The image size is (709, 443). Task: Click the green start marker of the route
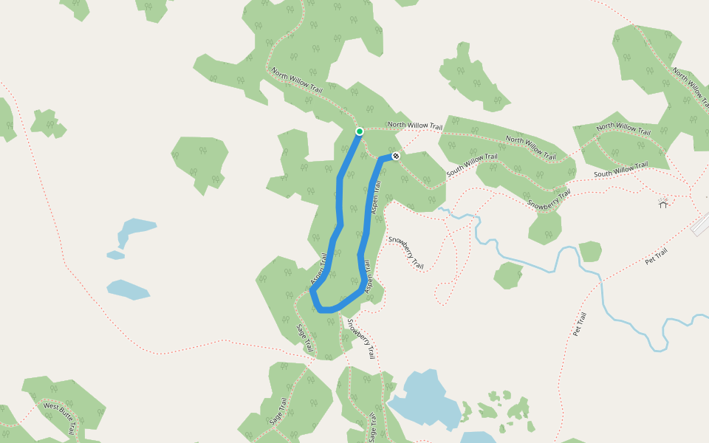tap(360, 131)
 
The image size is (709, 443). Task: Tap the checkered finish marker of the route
tap(396, 156)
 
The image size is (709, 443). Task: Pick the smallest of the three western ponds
tap(115, 255)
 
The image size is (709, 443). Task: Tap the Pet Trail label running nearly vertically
tap(579, 324)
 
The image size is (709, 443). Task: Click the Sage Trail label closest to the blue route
tap(305, 337)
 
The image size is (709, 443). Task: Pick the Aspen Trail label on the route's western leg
tap(319, 269)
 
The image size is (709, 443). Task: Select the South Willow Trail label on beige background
tap(620, 170)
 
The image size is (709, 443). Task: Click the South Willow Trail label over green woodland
tap(473, 164)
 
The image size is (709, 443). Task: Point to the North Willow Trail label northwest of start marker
tap(297, 80)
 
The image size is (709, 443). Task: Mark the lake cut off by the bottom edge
tap(479, 437)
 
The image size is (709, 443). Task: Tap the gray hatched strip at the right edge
tap(701, 226)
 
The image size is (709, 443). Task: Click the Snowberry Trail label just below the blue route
tap(362, 338)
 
